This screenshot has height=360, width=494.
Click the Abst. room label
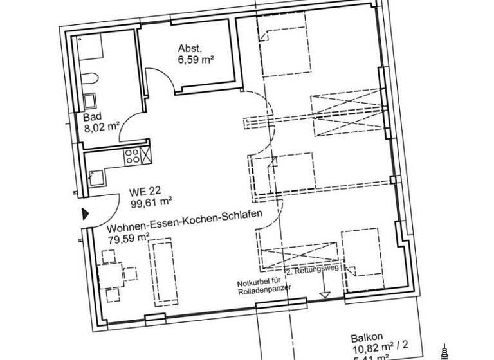(x=190, y=48)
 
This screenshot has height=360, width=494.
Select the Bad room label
(x=92, y=118)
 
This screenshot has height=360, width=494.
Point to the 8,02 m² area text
(x=102, y=129)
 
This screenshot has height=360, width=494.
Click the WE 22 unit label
(x=143, y=192)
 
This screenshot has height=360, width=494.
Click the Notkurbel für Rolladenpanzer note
(x=264, y=285)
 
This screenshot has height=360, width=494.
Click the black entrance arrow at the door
(x=84, y=214)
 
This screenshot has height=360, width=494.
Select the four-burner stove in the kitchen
(x=134, y=156)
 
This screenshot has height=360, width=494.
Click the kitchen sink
(x=96, y=175)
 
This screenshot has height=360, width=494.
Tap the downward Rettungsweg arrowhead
(x=325, y=294)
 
